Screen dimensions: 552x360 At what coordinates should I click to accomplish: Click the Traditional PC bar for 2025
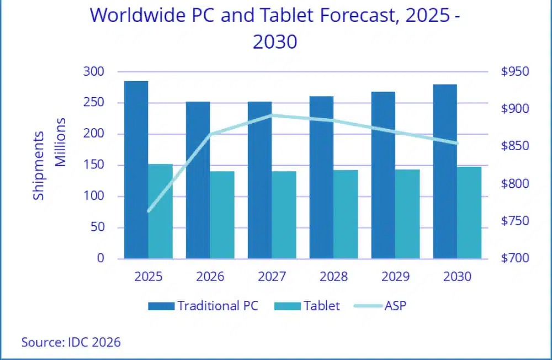[x=136, y=170]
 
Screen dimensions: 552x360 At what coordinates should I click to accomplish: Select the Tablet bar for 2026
[x=222, y=215]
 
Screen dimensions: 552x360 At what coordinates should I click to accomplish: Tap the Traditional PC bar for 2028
[x=321, y=178]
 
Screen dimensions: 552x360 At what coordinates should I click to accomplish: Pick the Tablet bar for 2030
[x=469, y=213]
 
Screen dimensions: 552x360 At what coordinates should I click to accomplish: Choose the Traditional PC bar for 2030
[x=445, y=172]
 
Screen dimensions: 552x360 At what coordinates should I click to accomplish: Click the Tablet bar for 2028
[x=346, y=215]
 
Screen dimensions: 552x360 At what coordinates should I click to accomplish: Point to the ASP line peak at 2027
[x=272, y=115]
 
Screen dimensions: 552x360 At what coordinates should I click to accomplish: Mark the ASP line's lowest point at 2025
[x=148, y=211]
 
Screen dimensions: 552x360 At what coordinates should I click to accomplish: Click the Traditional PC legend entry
[x=203, y=306]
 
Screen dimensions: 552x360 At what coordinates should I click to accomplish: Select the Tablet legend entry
[x=307, y=306]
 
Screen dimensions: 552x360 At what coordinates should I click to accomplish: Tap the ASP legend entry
[x=380, y=306]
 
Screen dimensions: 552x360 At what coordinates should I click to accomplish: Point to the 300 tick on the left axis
[x=94, y=72]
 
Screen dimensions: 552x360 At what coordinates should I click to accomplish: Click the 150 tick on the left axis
[x=94, y=165]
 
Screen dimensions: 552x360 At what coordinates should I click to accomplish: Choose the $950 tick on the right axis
[x=515, y=72]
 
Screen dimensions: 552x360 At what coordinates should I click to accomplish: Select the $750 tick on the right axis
[x=515, y=221]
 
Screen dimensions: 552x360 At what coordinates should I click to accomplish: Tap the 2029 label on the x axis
[x=395, y=277]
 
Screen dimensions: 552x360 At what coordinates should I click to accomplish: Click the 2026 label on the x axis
[x=210, y=277]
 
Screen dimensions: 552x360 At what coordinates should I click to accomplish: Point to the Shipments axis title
[x=39, y=166]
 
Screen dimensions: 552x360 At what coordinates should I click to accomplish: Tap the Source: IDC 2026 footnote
[x=71, y=342]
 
